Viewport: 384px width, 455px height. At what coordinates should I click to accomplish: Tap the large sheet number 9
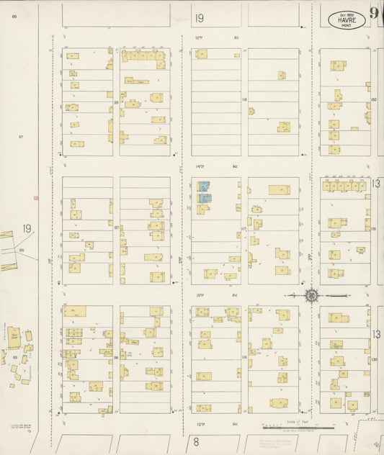click(375, 13)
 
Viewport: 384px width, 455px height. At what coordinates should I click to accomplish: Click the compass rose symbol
click(311, 295)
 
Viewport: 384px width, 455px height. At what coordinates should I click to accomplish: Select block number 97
click(116, 227)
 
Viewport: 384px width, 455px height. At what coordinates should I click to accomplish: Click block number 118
click(244, 99)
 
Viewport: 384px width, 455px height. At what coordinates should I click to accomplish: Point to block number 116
click(244, 356)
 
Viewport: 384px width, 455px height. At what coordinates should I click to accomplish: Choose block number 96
click(116, 356)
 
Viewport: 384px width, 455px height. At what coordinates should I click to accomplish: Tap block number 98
click(116, 102)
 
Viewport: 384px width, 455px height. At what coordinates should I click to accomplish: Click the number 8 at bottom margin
click(195, 442)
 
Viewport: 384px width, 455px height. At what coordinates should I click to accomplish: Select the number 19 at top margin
click(199, 17)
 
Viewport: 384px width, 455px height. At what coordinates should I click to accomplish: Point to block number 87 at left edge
click(22, 136)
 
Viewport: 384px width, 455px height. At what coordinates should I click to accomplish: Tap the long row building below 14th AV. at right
click(345, 186)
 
